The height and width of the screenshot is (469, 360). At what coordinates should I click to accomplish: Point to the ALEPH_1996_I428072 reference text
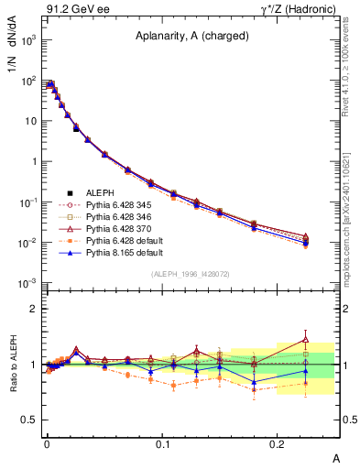pyautogui.click(x=189, y=274)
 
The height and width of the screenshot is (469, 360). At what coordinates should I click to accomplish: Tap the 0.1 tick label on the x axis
pyautogui.click(x=162, y=443)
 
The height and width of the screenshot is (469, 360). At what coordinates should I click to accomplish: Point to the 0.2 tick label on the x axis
pyautogui.click(x=278, y=443)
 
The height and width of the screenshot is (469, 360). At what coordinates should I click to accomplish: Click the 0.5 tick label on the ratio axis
pyautogui.click(x=28, y=420)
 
